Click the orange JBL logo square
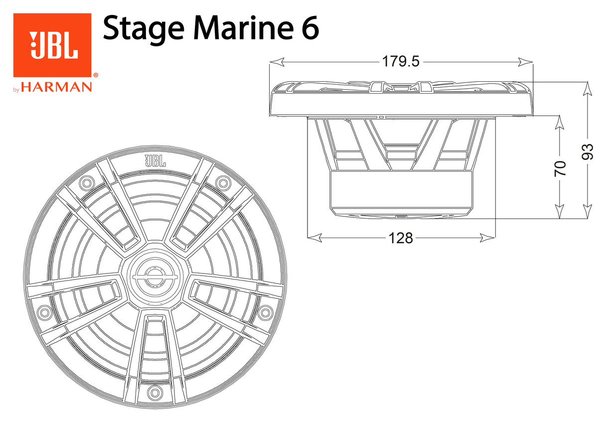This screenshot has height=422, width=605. click(x=52, y=45)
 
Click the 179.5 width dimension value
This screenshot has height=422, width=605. click(x=401, y=62)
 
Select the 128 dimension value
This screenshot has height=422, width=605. click(x=401, y=238)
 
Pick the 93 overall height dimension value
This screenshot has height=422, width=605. click(x=588, y=151)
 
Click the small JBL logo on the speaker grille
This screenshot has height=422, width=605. click(x=155, y=161)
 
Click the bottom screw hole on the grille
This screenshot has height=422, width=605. click(x=154, y=394)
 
